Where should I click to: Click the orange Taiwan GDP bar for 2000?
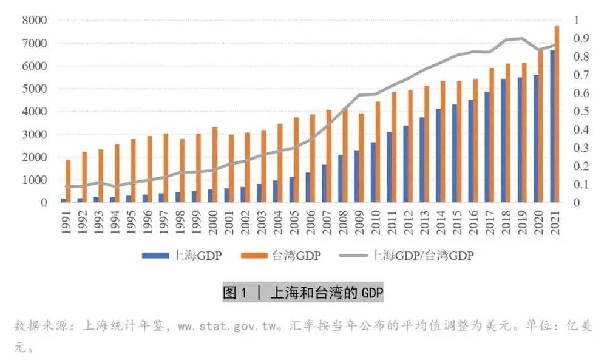pyautogui.click(x=215, y=165)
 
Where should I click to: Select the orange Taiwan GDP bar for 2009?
pyautogui.click(x=361, y=158)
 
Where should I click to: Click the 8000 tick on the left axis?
pyautogui.click(x=35, y=20)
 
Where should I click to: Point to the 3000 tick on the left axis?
pyautogui.click(x=35, y=134)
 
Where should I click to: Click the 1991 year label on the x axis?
pyautogui.click(x=65, y=222)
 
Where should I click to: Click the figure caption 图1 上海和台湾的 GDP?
pyautogui.click(x=303, y=293)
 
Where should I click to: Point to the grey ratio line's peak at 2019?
pyautogui.click(x=521, y=38)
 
